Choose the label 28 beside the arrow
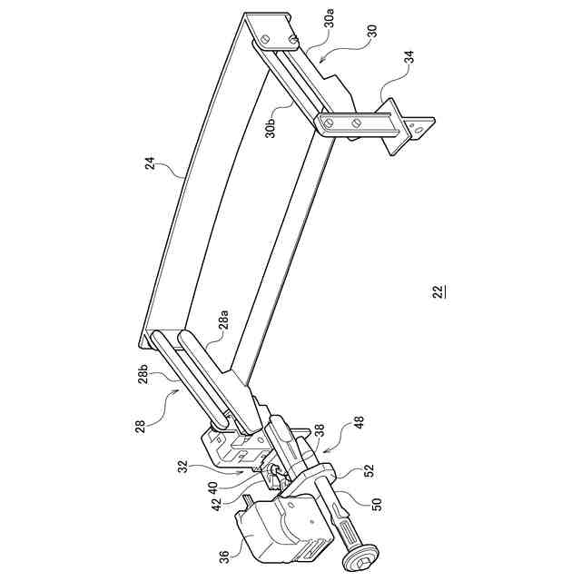pos(140,425)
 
